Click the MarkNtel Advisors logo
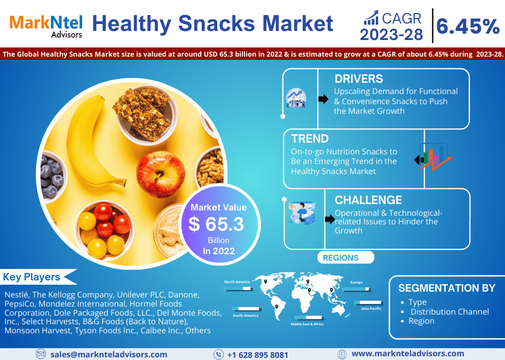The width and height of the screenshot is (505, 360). [x=46, y=26]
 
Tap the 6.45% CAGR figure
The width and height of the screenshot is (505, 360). [x=468, y=26]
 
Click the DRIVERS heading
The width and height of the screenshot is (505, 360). [x=359, y=79]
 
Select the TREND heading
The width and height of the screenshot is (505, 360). [x=310, y=138]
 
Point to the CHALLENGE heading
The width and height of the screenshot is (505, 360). [x=368, y=200]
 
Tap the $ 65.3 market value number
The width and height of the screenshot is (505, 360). [x=216, y=224]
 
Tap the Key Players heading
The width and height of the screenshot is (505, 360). [x=31, y=277]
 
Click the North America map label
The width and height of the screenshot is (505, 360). [x=237, y=281]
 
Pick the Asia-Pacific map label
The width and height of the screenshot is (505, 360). [x=371, y=308]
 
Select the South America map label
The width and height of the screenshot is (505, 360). [x=246, y=316]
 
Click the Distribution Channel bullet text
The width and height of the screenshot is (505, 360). [x=449, y=311]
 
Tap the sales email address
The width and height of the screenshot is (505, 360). [x=109, y=355]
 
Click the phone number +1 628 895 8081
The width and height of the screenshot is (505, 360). [x=258, y=355]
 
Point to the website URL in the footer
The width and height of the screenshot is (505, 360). [x=408, y=354]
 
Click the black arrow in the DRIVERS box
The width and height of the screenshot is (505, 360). [x=323, y=99]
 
